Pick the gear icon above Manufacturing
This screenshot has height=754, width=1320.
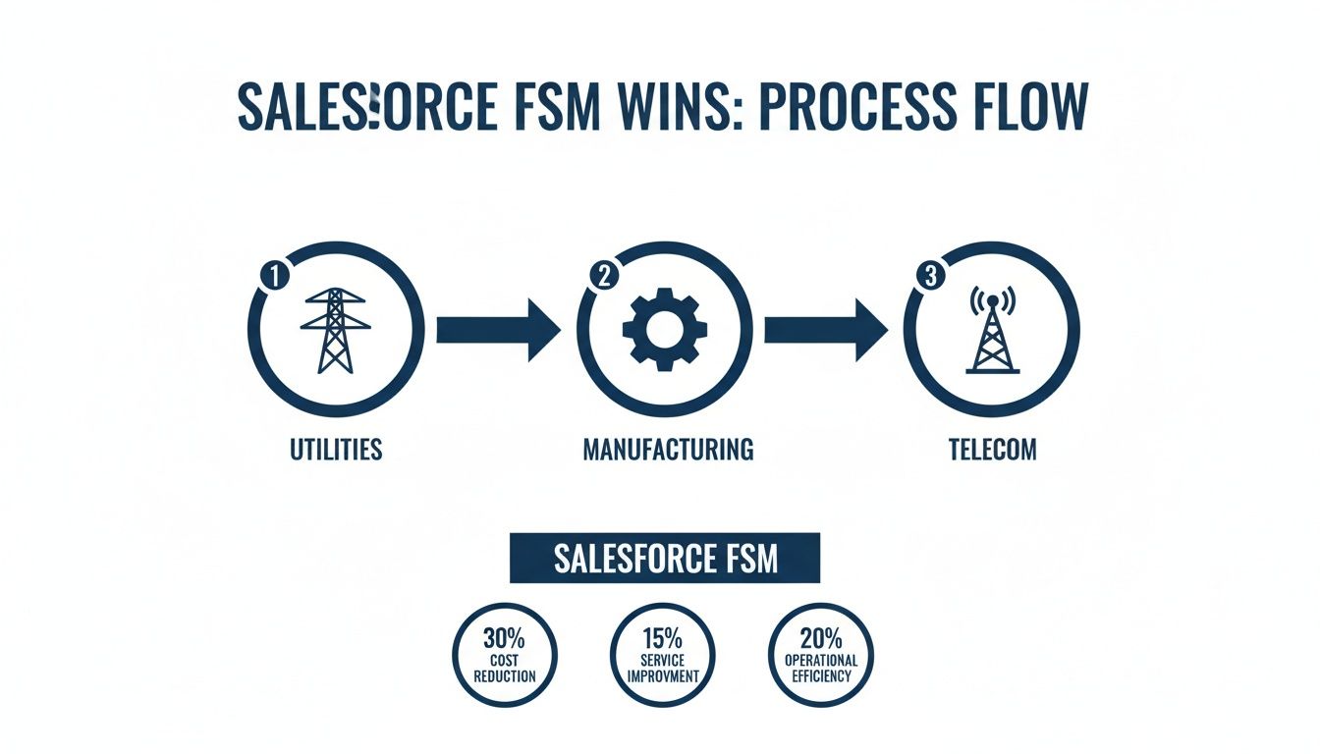(664, 330)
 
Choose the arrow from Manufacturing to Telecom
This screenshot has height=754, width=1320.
(826, 330)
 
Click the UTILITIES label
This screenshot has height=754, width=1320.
(336, 451)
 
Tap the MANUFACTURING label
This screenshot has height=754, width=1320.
(668, 451)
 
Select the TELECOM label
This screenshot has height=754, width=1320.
(992, 451)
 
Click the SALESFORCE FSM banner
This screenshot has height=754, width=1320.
(665, 559)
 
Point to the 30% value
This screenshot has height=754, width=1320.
(504, 637)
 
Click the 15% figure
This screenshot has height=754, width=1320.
(663, 637)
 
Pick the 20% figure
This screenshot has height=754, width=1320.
(821, 637)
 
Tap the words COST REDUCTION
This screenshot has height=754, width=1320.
(504, 668)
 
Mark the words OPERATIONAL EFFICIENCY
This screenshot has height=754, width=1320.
(821, 668)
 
